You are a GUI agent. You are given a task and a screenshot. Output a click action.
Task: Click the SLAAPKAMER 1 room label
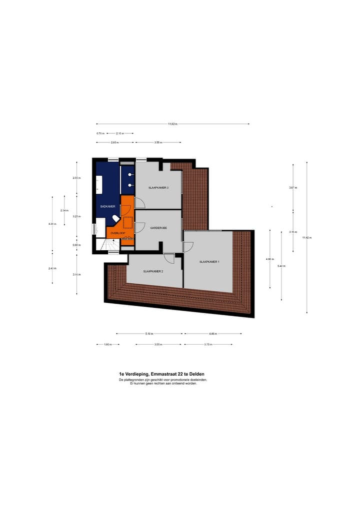point(209,262)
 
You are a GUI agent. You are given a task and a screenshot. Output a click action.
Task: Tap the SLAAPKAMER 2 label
point(153,271)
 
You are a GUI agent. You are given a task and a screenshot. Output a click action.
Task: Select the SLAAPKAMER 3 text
point(158,187)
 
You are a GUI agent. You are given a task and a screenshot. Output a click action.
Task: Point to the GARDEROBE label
point(158,227)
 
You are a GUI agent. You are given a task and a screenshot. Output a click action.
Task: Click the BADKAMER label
point(107,206)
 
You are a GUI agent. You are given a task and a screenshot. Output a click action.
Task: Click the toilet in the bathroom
point(115,218)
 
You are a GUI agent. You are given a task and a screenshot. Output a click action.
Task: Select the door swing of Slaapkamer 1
point(188,246)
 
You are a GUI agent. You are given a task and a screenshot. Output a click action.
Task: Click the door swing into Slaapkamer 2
point(169,258)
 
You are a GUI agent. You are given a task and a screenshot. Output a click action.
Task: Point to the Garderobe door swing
point(139,227)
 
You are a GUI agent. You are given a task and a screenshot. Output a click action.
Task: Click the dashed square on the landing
point(127,222)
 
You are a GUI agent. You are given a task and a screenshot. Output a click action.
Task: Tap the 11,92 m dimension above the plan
point(172,124)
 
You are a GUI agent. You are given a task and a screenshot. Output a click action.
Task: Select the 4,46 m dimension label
point(213,334)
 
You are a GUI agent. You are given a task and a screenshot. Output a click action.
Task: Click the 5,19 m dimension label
point(149,334)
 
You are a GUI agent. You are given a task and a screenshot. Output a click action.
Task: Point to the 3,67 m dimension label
point(293,188)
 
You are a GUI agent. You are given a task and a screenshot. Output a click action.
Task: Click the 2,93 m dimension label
point(114,142)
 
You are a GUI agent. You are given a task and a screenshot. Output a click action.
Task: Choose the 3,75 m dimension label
point(208,344)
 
